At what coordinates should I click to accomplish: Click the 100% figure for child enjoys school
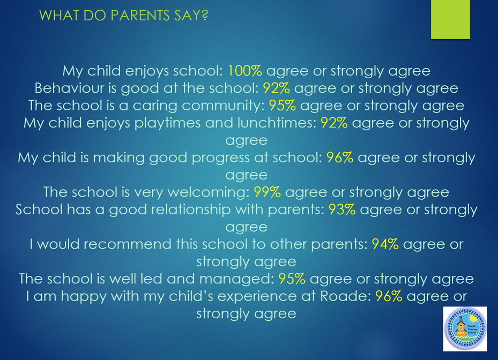245,71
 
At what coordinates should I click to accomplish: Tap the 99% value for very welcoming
267,192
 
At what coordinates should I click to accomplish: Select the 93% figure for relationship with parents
342,209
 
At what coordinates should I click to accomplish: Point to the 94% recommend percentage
385,244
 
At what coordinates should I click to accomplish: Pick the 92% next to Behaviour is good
276,88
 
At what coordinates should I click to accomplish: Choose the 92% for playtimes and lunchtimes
334,123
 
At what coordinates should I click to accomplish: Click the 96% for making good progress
340,157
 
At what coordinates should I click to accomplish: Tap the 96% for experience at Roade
389,296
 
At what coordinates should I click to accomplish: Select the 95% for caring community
283,106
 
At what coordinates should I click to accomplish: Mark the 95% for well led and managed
292,279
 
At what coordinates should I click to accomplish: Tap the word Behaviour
69,88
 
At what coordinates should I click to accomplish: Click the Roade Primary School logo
465,329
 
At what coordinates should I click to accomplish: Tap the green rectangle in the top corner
450,19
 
